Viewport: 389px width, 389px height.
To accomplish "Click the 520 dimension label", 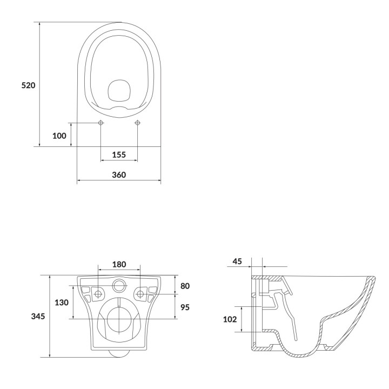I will (x=28, y=85).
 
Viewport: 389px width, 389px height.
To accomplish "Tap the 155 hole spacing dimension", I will (x=119, y=155).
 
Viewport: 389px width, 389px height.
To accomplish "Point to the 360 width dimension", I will (x=119, y=175).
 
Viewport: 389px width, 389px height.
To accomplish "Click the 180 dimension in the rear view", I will (x=119, y=264).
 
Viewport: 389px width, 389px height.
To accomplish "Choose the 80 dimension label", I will (x=184, y=285).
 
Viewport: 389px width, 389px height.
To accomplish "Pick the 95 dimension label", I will (x=184, y=307).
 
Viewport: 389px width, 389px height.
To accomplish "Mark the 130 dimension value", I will (x=62, y=303).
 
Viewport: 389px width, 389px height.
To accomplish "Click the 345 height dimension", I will (x=38, y=316).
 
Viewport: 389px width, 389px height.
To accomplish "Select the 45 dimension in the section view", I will (x=237, y=261).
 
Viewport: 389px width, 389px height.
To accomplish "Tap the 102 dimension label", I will (x=230, y=319).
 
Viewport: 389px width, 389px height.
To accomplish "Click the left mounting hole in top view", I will (x=101, y=123).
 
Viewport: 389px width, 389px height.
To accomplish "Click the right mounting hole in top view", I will (x=137, y=123).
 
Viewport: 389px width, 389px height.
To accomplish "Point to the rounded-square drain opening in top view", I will (x=119, y=91).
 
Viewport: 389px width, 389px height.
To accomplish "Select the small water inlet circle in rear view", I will (x=119, y=285).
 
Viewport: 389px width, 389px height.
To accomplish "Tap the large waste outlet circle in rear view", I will (x=119, y=319).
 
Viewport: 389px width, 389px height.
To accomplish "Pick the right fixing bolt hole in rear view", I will (x=140, y=294).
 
